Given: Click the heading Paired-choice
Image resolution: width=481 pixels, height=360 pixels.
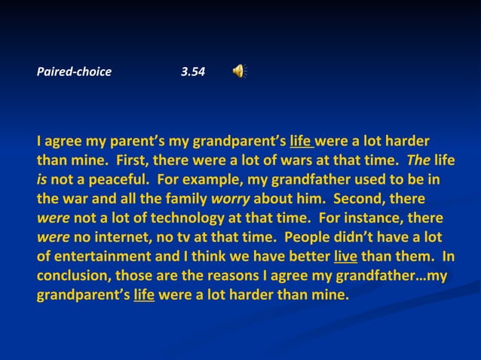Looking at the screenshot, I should [x=74, y=72].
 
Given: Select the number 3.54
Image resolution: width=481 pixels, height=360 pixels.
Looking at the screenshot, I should [x=193, y=72].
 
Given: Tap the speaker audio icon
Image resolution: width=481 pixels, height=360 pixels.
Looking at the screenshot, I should [x=239, y=72].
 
